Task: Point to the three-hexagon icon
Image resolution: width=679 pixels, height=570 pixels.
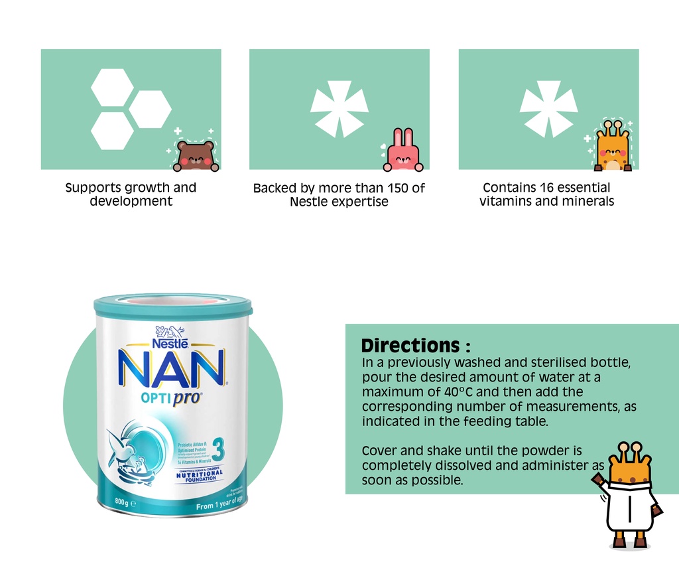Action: tap(129, 109)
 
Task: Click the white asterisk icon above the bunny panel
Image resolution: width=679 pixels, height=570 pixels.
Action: tap(339, 107)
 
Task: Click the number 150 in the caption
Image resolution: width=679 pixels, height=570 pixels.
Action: tap(398, 188)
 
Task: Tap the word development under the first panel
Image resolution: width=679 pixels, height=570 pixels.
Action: tap(131, 201)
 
